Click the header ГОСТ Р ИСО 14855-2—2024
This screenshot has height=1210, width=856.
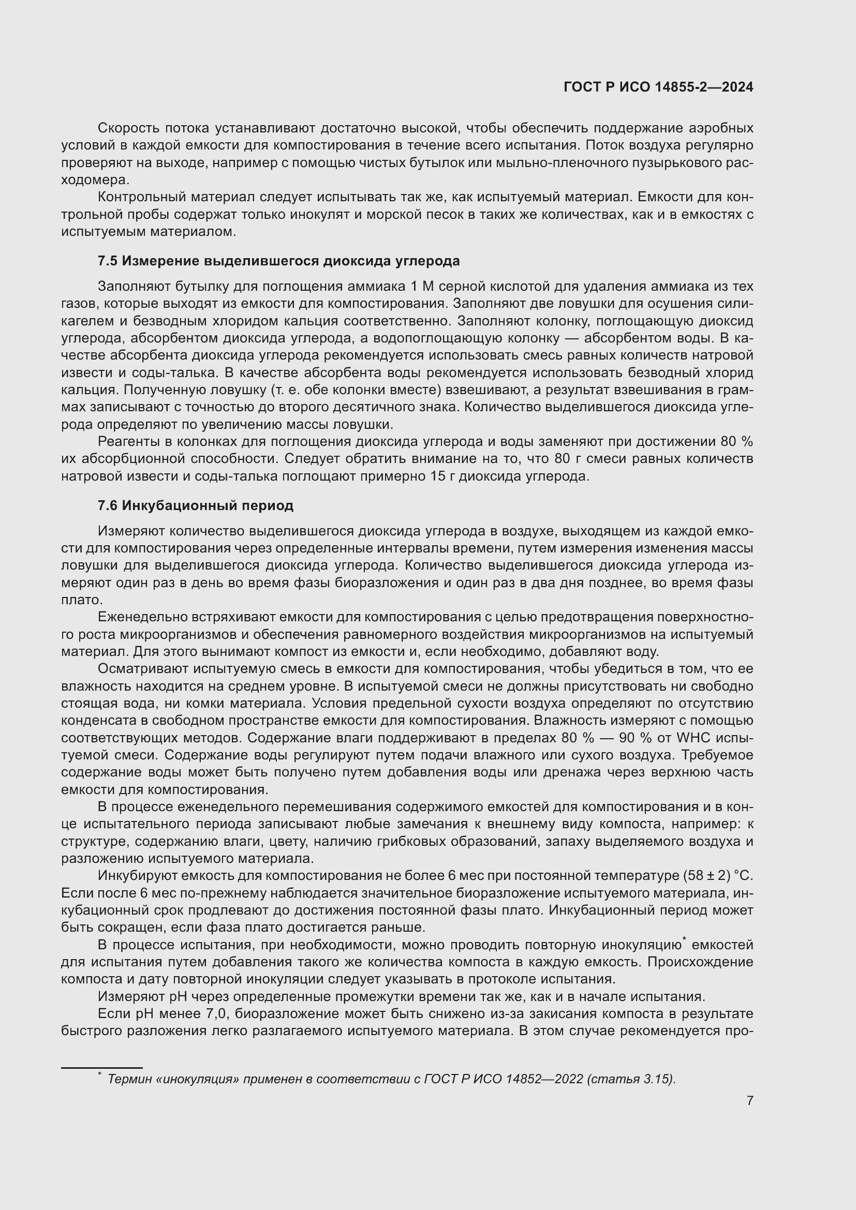(x=658, y=87)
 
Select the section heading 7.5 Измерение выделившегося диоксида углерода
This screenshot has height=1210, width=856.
(x=278, y=261)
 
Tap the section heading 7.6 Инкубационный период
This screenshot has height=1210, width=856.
(x=196, y=505)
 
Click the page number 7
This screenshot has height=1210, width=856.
(x=749, y=1101)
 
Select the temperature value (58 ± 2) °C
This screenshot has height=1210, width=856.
(x=718, y=876)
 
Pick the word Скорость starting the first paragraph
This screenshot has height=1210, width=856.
(x=128, y=128)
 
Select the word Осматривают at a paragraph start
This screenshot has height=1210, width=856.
(x=142, y=669)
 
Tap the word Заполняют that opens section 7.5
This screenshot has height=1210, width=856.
(x=132, y=287)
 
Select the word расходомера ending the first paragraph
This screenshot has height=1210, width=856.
(x=95, y=180)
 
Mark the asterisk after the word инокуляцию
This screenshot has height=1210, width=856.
(x=684, y=938)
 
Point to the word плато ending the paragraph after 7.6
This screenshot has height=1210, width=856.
(x=81, y=600)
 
